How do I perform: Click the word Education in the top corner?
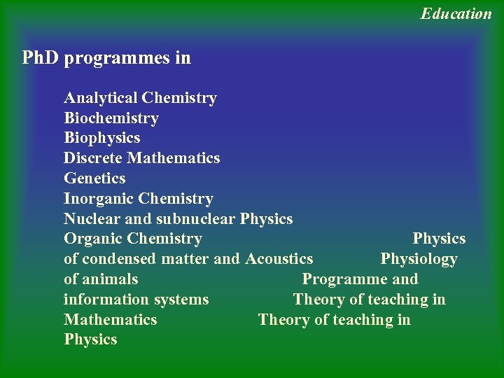coord(456,13)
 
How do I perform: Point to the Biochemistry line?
coord(111,118)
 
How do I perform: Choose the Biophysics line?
coord(101,138)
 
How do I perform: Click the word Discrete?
coord(93,158)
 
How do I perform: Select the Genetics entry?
coord(94,178)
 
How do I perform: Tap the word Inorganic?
coord(98,199)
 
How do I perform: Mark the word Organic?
coord(92,239)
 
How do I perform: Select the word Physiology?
coord(419,259)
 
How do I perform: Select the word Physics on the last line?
coord(90,340)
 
